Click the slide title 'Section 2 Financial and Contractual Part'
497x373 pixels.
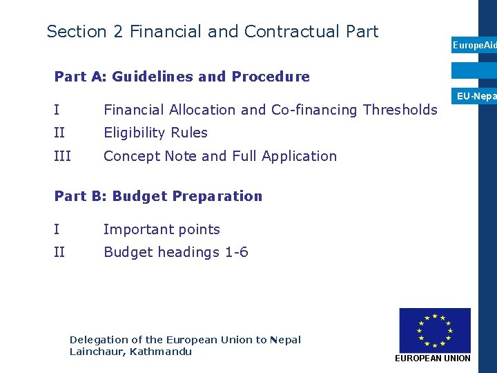point(213,32)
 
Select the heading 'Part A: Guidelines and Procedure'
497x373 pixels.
point(182,77)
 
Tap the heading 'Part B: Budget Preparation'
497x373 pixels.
point(158,196)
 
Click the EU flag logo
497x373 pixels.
point(434,330)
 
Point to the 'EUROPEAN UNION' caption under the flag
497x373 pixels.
point(432,358)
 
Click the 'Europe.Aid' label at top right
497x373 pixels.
point(474,45)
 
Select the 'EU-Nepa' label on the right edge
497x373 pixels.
point(476,97)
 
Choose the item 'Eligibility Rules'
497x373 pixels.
point(155,133)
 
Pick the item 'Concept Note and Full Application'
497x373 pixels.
point(220,156)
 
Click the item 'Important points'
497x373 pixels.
point(162,229)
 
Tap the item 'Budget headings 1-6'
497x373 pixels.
point(175,252)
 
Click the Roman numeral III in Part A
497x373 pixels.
point(62,156)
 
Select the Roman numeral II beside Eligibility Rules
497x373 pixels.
point(59,133)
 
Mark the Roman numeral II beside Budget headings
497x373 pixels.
point(59,252)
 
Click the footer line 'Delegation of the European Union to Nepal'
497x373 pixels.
point(185,340)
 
